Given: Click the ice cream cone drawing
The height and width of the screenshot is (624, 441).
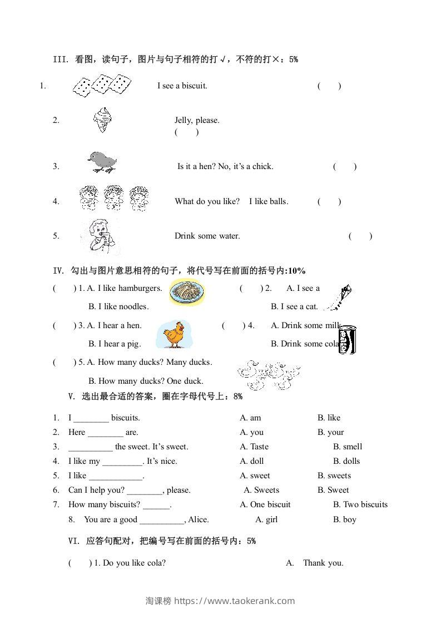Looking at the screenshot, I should pyautogui.click(x=103, y=120).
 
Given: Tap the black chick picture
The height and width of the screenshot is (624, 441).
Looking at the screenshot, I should pyautogui.click(x=102, y=162).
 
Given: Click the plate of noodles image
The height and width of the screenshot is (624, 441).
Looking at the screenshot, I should pyautogui.click(x=187, y=293).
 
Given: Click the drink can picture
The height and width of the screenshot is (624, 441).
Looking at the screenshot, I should pyautogui.click(x=348, y=339).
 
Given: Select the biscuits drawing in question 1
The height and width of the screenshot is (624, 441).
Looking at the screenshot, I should pyautogui.click(x=102, y=86).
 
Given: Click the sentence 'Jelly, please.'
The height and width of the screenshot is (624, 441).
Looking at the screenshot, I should pyautogui.click(x=197, y=120).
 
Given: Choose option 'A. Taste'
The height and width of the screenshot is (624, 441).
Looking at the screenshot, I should pyautogui.click(x=254, y=447).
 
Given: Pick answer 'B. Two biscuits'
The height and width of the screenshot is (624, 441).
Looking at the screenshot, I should pyautogui.click(x=360, y=504).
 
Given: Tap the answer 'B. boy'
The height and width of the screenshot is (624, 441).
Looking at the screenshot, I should pyautogui.click(x=345, y=519).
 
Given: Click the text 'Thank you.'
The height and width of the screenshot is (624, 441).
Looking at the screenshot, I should pyautogui.click(x=323, y=563).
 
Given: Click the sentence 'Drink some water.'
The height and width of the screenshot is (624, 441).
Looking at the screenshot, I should pyautogui.click(x=207, y=236).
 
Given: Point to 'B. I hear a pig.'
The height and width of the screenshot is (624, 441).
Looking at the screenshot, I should pyautogui.click(x=115, y=344).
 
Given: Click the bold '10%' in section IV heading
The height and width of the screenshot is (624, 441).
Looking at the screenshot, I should pyautogui.click(x=296, y=271).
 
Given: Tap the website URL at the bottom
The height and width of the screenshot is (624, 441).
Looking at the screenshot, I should pyautogui.click(x=235, y=601).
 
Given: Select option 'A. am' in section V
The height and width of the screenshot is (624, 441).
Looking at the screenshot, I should pyautogui.click(x=250, y=418).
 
